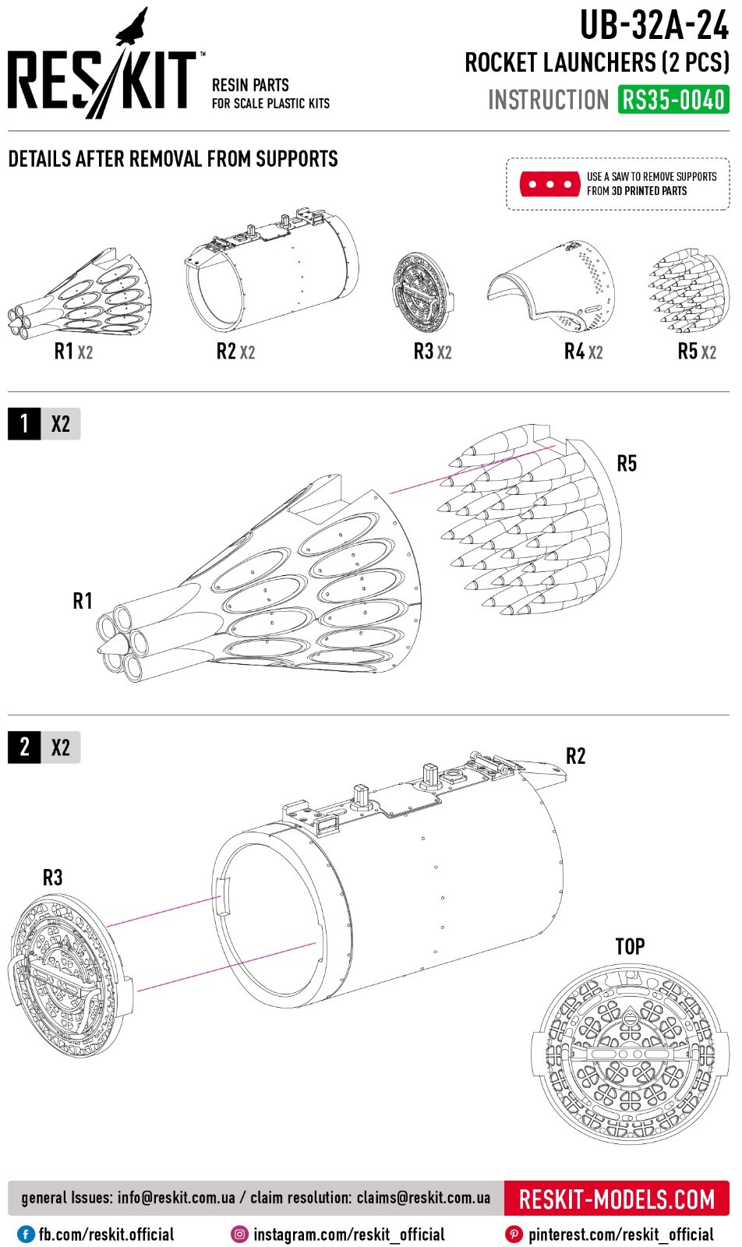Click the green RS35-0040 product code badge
pos(673,100)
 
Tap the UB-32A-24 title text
pos(654,26)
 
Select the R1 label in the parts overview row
pos(63,351)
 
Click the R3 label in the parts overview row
pos(423,351)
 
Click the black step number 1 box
pos(24,424)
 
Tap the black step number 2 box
pos(24,747)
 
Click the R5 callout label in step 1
pos(627,464)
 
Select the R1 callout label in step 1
pos(83,601)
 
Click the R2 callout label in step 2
pos(575,756)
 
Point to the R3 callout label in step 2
pos(52,878)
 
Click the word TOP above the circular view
pos(630,947)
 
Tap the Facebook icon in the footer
pos(26,1235)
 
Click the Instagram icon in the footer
pos(240,1235)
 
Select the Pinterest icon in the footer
pos(514,1235)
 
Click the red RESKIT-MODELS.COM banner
pos(617,1199)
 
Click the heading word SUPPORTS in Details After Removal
pos(297,159)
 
